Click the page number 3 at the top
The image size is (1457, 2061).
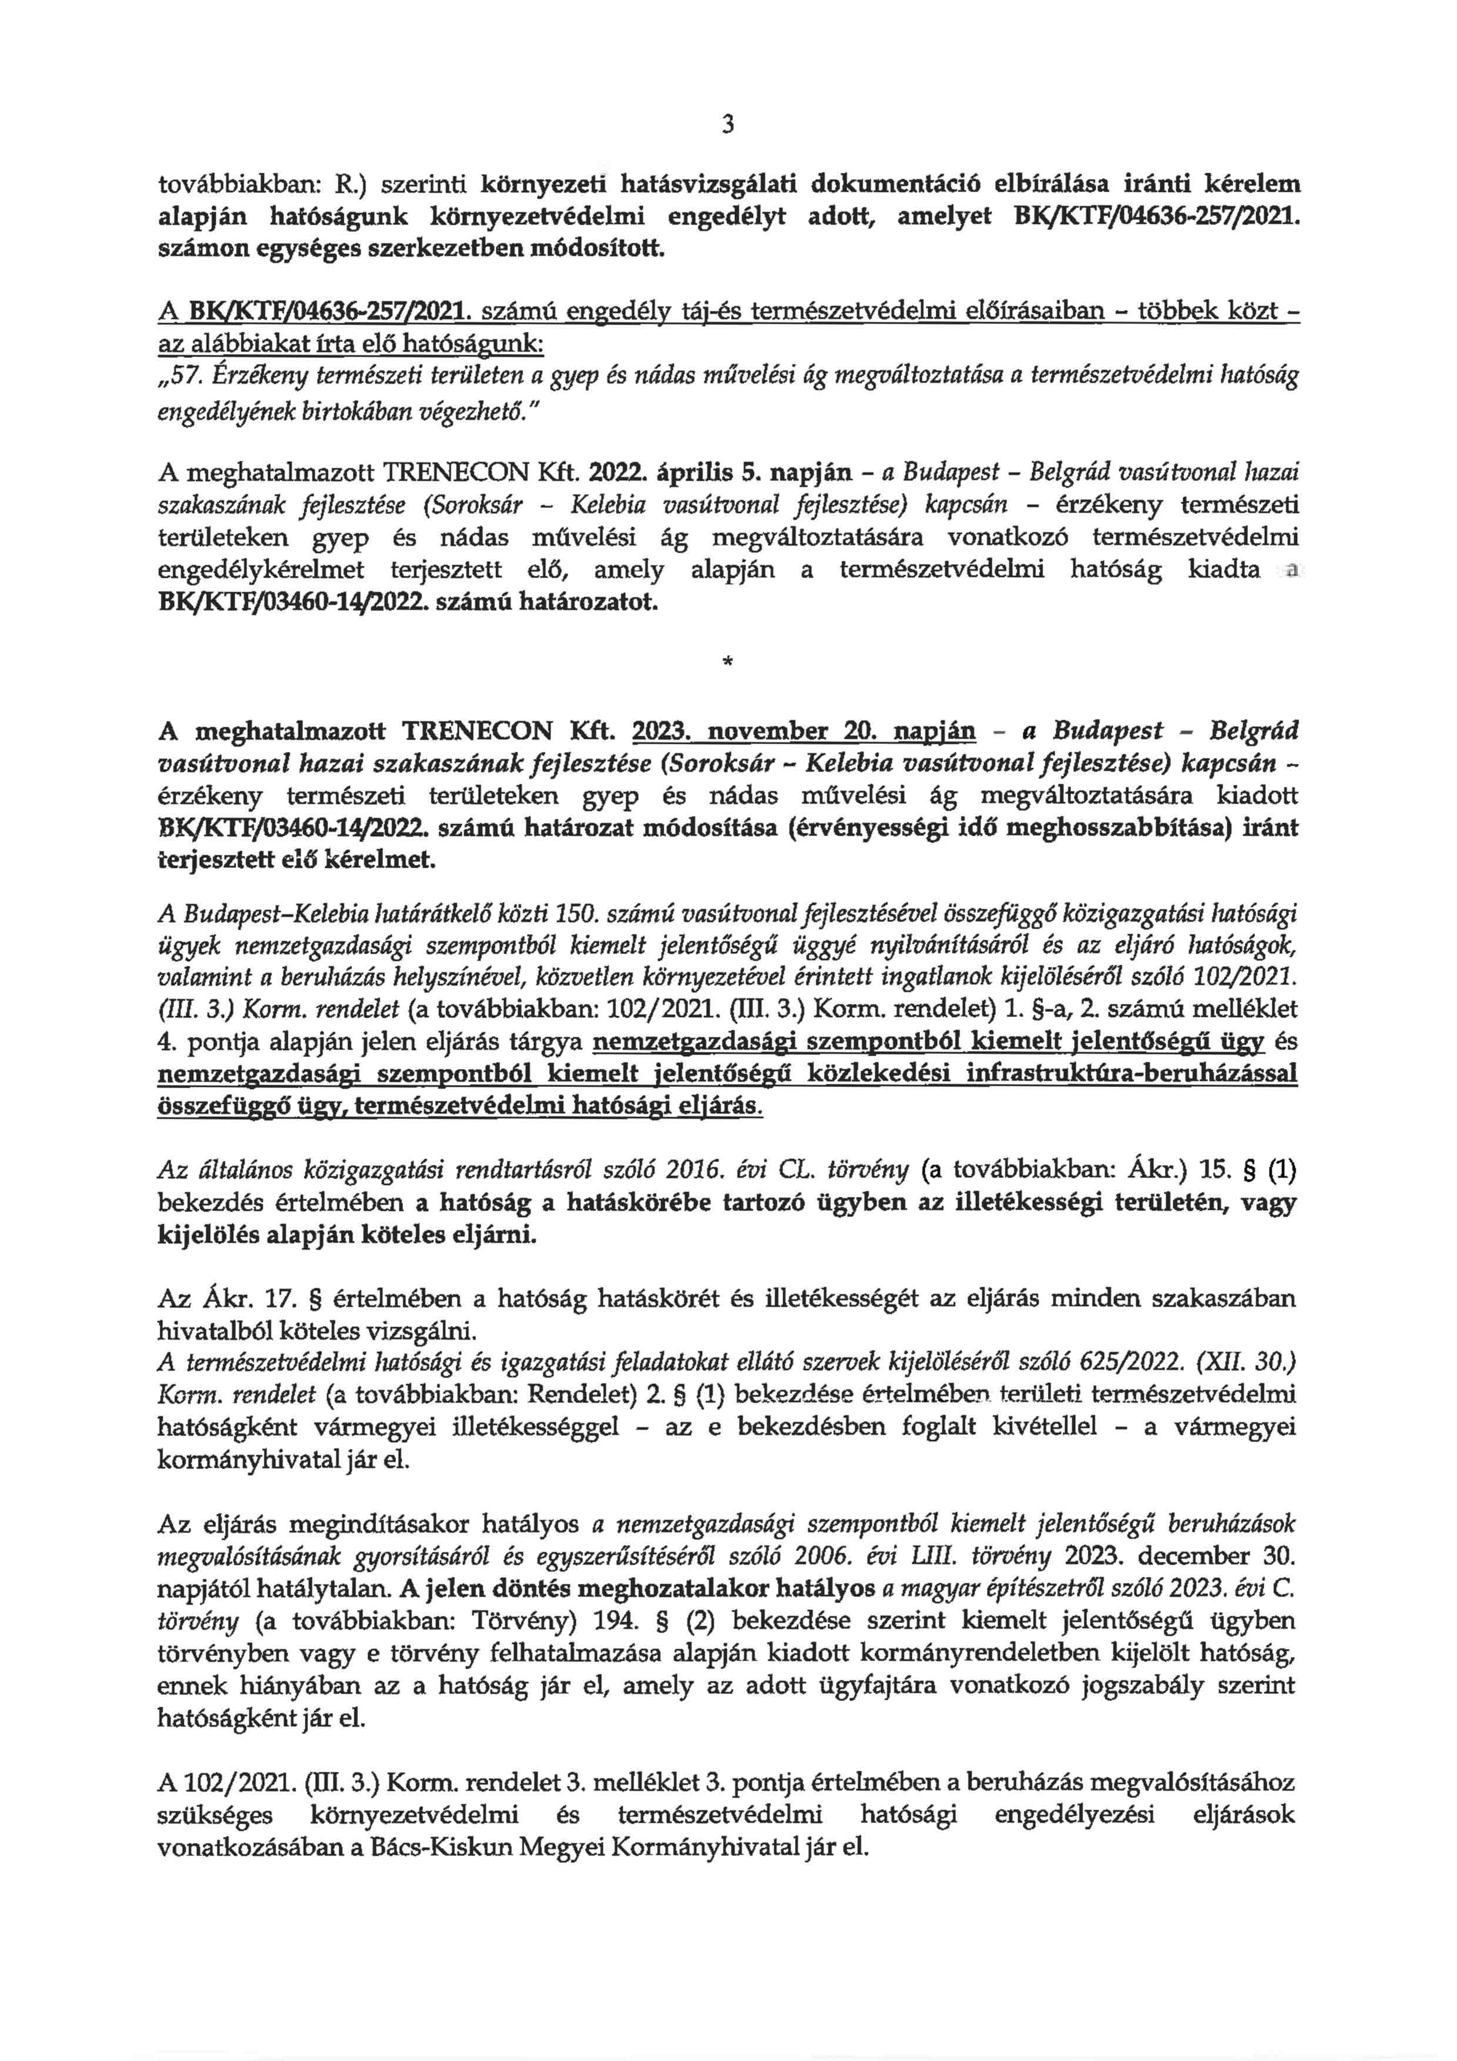pyautogui.click(x=727, y=126)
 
